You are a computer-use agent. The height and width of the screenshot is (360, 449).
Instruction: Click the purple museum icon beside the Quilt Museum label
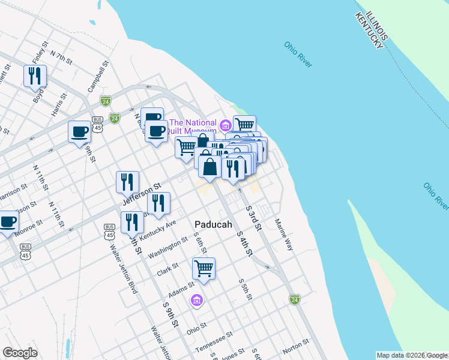[226, 125]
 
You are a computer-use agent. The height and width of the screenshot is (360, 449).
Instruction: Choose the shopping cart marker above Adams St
[204, 268]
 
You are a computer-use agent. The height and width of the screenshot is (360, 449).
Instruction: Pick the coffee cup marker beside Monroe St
[8, 222]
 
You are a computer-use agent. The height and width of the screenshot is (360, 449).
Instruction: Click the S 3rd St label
[255, 217]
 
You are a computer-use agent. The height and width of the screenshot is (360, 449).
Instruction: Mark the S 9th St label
[171, 314]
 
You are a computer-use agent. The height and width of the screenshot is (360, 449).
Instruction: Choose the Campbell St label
[98, 76]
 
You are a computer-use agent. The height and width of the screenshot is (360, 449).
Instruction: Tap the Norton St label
[295, 345]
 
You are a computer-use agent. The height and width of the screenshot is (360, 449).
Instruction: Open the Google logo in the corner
[20, 353]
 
